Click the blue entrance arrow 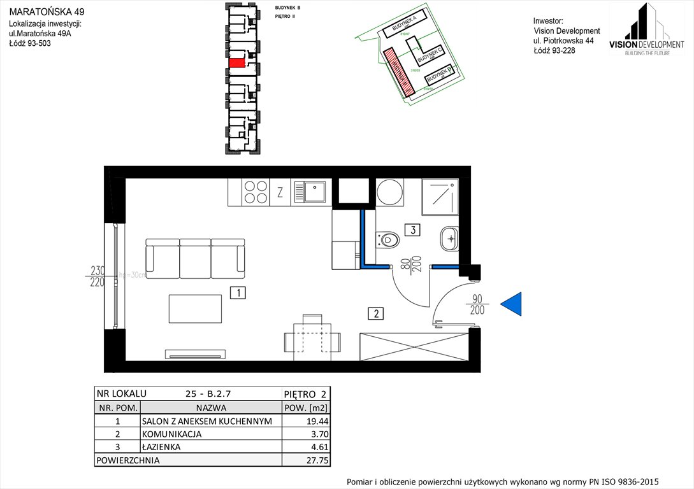pos(512,304)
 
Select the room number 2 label pos(377,313)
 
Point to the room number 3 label pos(413,230)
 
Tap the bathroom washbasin pos(449,239)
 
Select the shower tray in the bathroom pos(440,197)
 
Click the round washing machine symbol pos(389,192)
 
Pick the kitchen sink pos(311,192)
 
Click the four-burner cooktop pos(255,192)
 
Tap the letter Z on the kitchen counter pos(280,193)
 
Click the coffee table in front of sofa pos(195,309)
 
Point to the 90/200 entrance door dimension pos(477,304)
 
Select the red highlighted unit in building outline pos(236,63)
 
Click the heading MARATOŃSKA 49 pos(46,11)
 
